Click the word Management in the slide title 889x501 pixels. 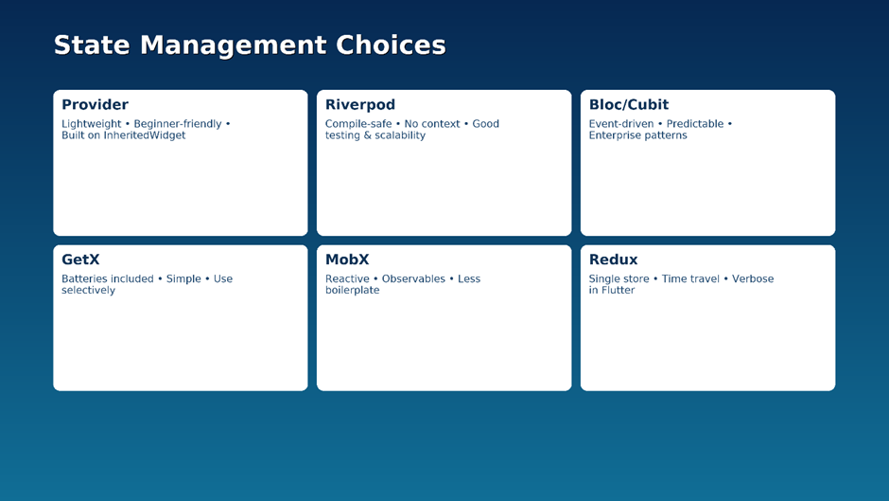pos(233,45)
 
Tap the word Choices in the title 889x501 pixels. pos(391,45)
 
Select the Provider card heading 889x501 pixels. pos(95,104)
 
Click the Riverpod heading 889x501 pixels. pos(360,105)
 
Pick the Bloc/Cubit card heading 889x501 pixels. pos(629,104)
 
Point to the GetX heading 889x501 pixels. pos(80,259)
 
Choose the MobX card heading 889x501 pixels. pos(347,259)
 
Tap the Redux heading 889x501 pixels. pos(613,259)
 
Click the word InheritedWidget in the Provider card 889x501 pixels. pos(144,135)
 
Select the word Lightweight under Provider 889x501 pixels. pos(92,124)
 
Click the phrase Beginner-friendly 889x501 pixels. pos(178,124)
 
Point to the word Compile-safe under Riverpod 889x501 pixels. pos(358,124)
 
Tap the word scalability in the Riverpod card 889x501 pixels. pos(399,135)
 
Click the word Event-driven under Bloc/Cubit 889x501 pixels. pos(621,124)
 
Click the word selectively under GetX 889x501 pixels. pos(89,290)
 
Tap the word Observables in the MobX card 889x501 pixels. pos(413,278)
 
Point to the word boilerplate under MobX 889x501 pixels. pos(353,290)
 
